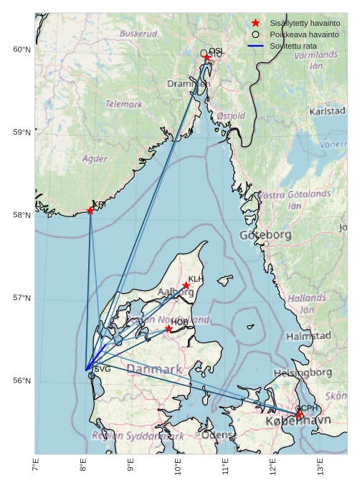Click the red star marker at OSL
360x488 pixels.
(x=207, y=57)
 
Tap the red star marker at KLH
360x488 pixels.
(x=186, y=286)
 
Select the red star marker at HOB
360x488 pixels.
(x=169, y=329)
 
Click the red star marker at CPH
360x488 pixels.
(x=299, y=415)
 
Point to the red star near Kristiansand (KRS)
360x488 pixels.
(x=90, y=210)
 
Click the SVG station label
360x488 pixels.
(x=103, y=369)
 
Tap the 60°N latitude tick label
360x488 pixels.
(x=22, y=49)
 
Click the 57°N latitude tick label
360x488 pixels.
(x=22, y=298)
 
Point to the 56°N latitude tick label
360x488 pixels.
(x=22, y=381)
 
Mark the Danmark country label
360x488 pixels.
(x=154, y=370)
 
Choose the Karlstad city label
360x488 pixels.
(x=327, y=112)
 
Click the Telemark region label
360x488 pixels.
(x=124, y=104)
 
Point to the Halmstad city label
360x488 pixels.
(x=308, y=336)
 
